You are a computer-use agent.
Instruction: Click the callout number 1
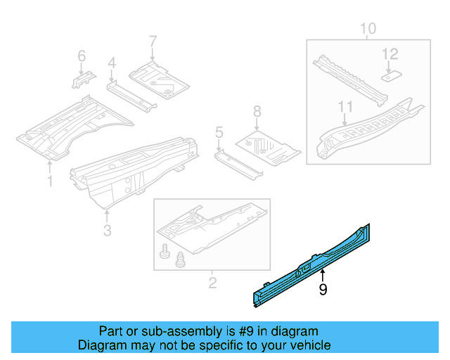point(50,182)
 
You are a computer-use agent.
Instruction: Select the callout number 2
point(212,283)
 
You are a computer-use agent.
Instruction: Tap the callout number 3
point(107,230)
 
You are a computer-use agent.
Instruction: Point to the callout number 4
point(111,64)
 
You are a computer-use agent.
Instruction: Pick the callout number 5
point(219,131)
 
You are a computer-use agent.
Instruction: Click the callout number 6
point(81,55)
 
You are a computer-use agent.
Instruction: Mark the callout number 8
point(257,110)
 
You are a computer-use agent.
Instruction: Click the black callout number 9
point(323,289)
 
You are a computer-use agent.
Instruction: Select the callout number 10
point(368,29)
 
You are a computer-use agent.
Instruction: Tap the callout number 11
point(345,108)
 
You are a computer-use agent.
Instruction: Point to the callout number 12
point(390,53)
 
